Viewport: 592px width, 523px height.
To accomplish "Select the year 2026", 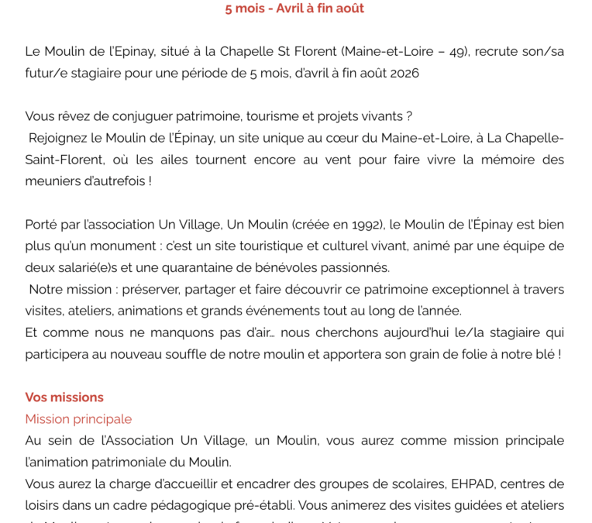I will pyautogui.click(x=403, y=74).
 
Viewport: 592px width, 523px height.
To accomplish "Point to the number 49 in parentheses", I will pyautogui.click(x=457, y=52).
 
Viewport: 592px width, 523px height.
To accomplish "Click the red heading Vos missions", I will pyautogui.click(x=64, y=397).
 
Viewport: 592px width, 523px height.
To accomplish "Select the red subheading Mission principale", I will pyautogui.click(x=78, y=419).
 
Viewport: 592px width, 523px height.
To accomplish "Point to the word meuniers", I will pyautogui.click(x=53, y=181).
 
